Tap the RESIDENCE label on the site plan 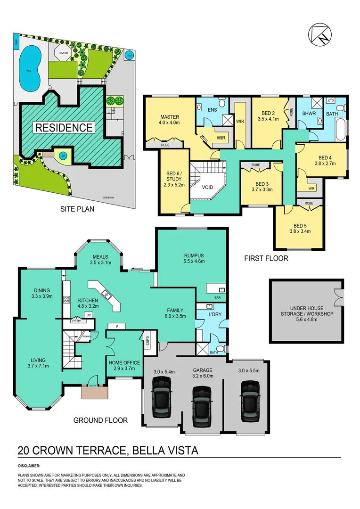click(x=63, y=127)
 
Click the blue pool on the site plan click(x=29, y=67)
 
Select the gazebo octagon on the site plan click(x=63, y=53)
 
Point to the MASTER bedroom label click(x=169, y=117)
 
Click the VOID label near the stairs click(x=208, y=187)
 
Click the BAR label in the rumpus click(x=218, y=297)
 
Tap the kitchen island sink click(x=107, y=296)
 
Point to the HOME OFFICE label click(x=124, y=362)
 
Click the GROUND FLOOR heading click(x=100, y=420)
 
